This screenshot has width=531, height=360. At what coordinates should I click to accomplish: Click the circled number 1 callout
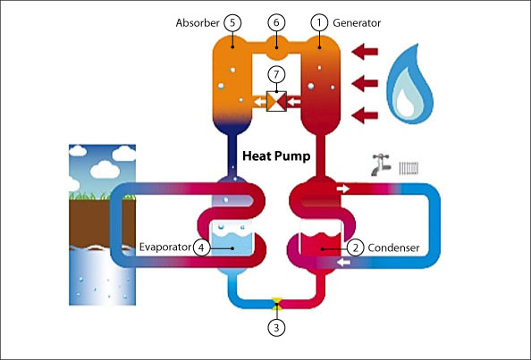pos(319,22)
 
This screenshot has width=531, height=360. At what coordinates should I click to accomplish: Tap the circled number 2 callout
pos(355,247)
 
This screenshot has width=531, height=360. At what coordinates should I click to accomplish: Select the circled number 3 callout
pos(276,328)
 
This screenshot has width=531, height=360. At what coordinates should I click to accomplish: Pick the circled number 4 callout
pos(201,247)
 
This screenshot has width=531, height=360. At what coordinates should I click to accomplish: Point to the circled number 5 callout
pos(232,22)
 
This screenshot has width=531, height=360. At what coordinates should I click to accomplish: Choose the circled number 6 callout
pos(276,22)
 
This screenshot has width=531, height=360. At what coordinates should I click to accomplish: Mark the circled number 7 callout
pos(276,74)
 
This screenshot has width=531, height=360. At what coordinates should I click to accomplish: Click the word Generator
pos(357,23)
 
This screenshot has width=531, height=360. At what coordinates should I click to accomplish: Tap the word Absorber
pos(198,23)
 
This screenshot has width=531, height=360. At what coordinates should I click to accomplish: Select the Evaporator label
pos(165,247)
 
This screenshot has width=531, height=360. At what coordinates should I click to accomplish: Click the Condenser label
pos(393,248)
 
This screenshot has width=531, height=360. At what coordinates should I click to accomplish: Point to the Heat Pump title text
pos(276,156)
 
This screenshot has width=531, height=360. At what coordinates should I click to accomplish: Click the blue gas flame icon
pos(409,84)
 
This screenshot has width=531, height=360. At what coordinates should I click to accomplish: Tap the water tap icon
pos(381,164)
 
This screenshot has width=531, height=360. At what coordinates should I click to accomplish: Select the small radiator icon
pos(409,168)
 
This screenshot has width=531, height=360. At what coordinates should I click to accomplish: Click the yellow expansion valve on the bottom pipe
pos(277,303)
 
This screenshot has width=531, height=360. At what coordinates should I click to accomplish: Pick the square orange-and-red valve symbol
pos(276,101)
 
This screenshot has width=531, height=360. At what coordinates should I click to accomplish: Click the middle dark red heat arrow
pos(365,83)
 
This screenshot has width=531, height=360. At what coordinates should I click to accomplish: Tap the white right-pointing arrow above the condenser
pos(342,188)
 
